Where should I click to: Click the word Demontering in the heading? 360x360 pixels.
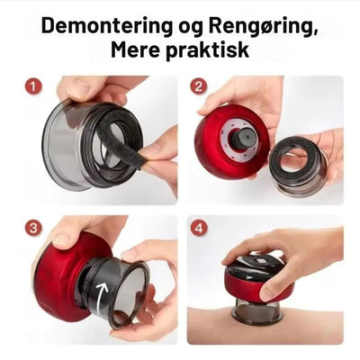pyautogui.click(x=107, y=26)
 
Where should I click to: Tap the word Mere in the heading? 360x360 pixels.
pyautogui.click(x=135, y=49)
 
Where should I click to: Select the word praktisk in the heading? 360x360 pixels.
pyautogui.click(x=207, y=50)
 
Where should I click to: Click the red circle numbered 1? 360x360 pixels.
pyautogui.click(x=33, y=87)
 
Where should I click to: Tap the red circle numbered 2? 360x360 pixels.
pyautogui.click(x=199, y=86)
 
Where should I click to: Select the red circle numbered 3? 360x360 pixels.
pyautogui.click(x=33, y=229)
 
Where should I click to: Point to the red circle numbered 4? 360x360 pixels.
pyautogui.click(x=199, y=229)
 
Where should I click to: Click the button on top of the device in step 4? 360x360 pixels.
pyautogui.click(x=259, y=259)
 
